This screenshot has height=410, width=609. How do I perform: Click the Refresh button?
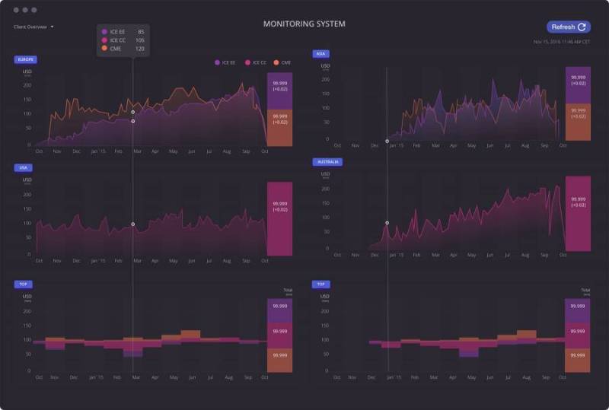coord(568,27)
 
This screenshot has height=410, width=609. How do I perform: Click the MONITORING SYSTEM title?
coord(304,24)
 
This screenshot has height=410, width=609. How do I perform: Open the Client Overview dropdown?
coord(33,27)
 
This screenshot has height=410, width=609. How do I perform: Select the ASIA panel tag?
coord(320,53)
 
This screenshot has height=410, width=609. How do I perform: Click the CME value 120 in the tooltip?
coord(140,49)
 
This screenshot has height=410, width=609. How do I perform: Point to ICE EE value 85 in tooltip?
coord(141,31)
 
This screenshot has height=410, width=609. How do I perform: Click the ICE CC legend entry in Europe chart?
coord(256,62)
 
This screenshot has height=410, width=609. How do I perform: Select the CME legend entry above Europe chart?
coord(283,62)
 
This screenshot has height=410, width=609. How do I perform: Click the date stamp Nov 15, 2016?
coord(561,42)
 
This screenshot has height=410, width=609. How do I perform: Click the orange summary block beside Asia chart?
coord(578,122)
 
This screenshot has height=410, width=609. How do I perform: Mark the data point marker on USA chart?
coord(132,224)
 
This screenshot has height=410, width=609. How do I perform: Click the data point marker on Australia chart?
coord(387,223)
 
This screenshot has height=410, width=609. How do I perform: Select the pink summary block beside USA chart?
coord(279,218)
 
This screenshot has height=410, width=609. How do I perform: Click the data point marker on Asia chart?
coord(387,141)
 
